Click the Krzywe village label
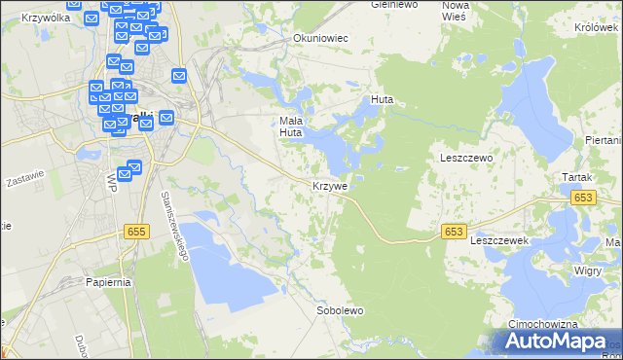coord(330,186)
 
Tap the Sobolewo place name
coord(340,311)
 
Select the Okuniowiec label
coord(320,38)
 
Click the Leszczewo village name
coord(467,158)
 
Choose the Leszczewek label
coord(498,239)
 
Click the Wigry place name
coord(588,270)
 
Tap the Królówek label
coord(597,27)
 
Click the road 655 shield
coord(136,232)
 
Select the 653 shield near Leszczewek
coord(453,232)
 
